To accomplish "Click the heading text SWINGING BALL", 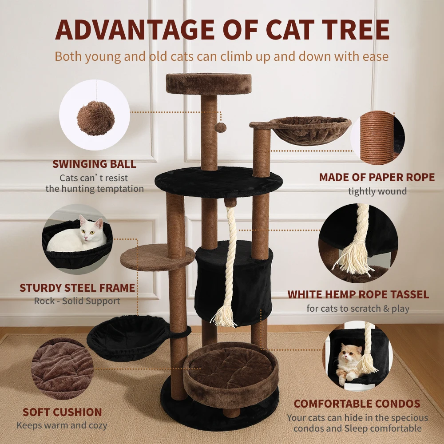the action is click(94, 164).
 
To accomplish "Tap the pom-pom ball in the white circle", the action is click(96, 118).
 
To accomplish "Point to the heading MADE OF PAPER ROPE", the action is click(377, 177).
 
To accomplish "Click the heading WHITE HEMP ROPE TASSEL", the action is click(358, 294).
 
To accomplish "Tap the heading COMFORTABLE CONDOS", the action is click(357, 404).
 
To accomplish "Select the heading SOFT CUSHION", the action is click(62, 412).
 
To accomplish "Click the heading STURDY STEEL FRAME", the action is click(77, 288).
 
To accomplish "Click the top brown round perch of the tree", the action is click(209, 83).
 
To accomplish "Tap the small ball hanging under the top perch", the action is click(220, 128).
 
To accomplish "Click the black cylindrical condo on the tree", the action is click(234, 283).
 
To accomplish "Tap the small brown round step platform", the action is click(157, 257).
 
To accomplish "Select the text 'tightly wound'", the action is click(377, 191).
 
